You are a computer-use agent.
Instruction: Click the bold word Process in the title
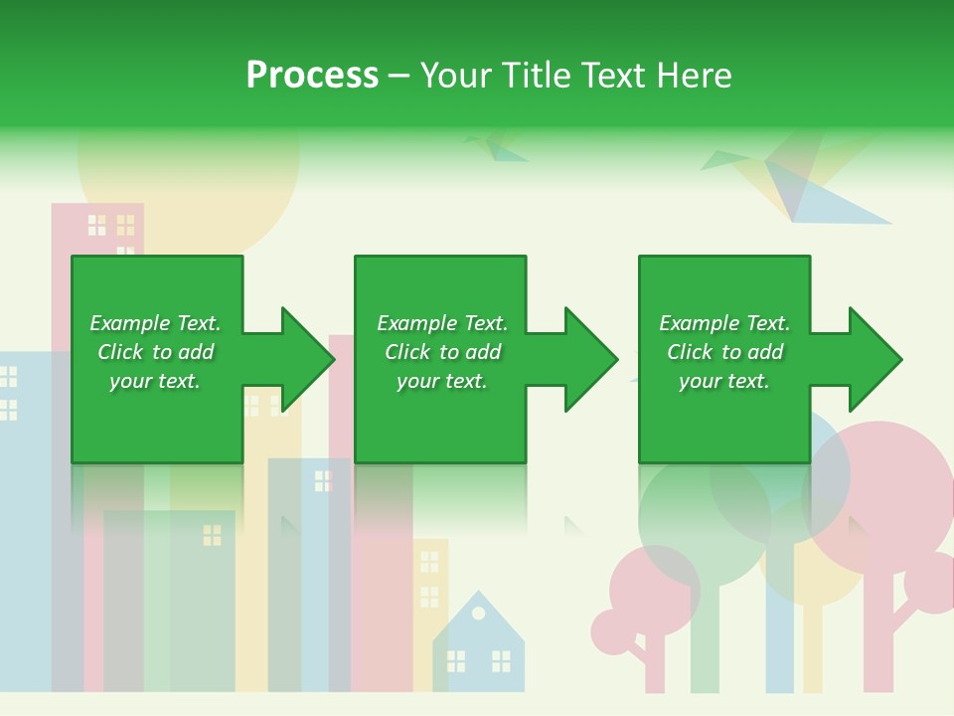click(x=312, y=75)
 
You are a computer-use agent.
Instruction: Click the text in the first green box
click(x=155, y=352)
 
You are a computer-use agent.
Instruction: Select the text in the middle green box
click(x=441, y=352)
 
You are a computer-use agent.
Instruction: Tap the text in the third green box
click(x=724, y=352)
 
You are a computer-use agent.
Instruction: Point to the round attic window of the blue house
click(x=478, y=613)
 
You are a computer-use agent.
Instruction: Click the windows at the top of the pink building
click(x=111, y=226)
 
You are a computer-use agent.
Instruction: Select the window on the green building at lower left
click(x=212, y=535)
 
